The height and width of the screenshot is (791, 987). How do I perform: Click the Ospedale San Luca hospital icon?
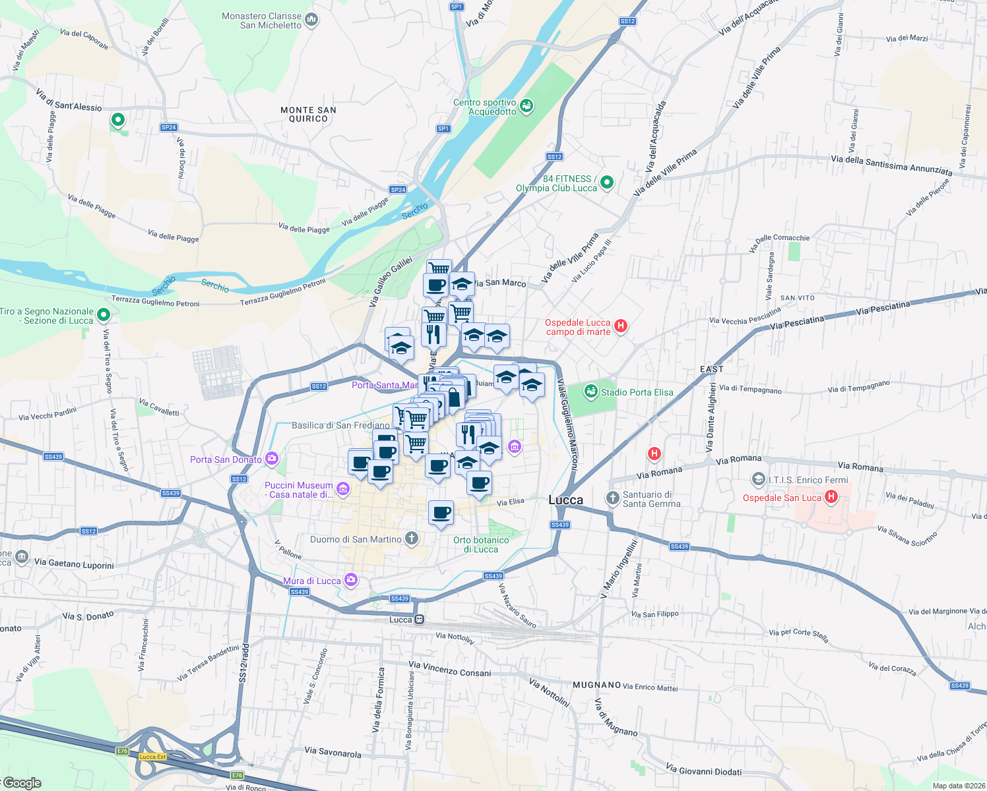831,497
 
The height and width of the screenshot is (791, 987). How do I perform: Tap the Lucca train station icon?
418,620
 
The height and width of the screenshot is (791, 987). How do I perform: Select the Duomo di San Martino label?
356,539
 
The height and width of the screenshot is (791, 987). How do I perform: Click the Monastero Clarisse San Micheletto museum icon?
311,20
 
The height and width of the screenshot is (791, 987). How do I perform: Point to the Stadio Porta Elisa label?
637,392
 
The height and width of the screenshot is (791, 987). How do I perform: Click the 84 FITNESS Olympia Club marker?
607,182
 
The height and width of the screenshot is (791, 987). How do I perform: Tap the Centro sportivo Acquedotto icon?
526,105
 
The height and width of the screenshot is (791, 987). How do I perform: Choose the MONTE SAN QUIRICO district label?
308,115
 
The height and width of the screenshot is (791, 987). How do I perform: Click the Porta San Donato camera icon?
271,459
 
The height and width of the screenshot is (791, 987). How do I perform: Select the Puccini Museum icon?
342,489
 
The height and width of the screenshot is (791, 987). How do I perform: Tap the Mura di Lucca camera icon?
350,580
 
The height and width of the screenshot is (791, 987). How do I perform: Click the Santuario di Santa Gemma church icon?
612,498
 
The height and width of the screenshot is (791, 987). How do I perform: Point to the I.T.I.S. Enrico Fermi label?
808,480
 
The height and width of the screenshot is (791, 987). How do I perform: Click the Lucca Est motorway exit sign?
152,756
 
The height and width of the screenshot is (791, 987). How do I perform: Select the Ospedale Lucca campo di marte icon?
620,326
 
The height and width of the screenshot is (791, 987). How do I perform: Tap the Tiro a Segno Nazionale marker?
104,315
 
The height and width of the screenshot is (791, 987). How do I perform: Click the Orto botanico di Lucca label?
481,544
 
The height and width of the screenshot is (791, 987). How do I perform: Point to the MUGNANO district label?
596,685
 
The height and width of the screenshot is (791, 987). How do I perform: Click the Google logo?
22,782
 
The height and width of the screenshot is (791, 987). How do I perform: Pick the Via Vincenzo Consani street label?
450,669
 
